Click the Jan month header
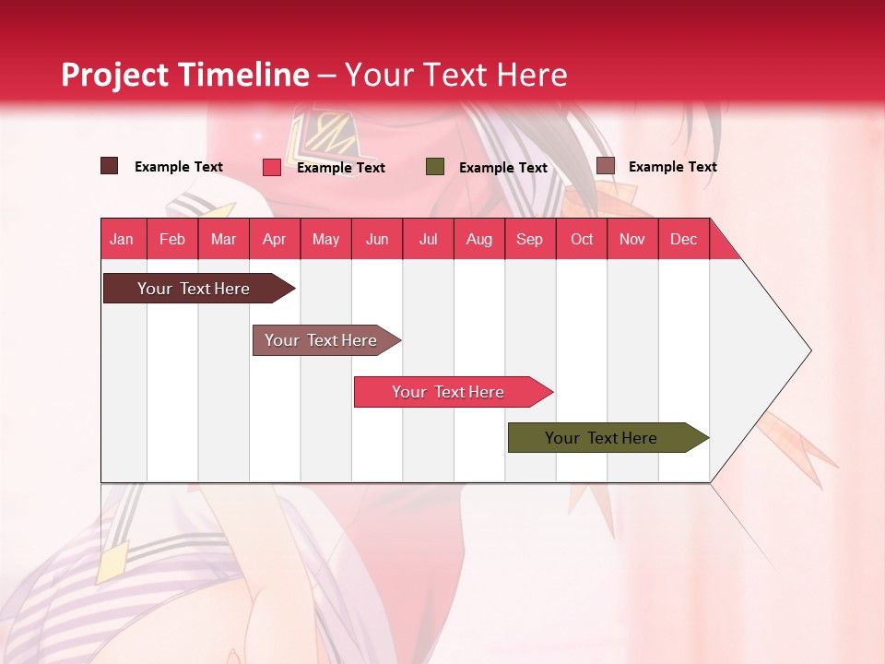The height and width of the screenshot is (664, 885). [x=123, y=239]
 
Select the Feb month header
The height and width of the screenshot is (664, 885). [x=172, y=239]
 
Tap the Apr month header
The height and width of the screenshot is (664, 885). [x=275, y=239]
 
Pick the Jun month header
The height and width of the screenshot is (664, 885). [x=377, y=239]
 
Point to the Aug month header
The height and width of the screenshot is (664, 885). [x=479, y=239]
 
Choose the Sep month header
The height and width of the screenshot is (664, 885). [x=530, y=239]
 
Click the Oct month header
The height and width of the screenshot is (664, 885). [x=582, y=239]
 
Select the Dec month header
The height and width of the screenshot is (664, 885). [x=684, y=239]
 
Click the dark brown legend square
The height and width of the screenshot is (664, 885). [x=110, y=166]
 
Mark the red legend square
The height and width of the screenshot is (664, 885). [x=272, y=167]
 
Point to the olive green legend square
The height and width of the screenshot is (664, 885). [x=435, y=167]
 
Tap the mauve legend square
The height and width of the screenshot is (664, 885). [x=606, y=166]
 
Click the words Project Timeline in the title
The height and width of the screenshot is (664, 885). [x=185, y=75]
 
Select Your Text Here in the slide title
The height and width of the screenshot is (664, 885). [x=455, y=75]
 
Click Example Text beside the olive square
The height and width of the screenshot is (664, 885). [x=503, y=168]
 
